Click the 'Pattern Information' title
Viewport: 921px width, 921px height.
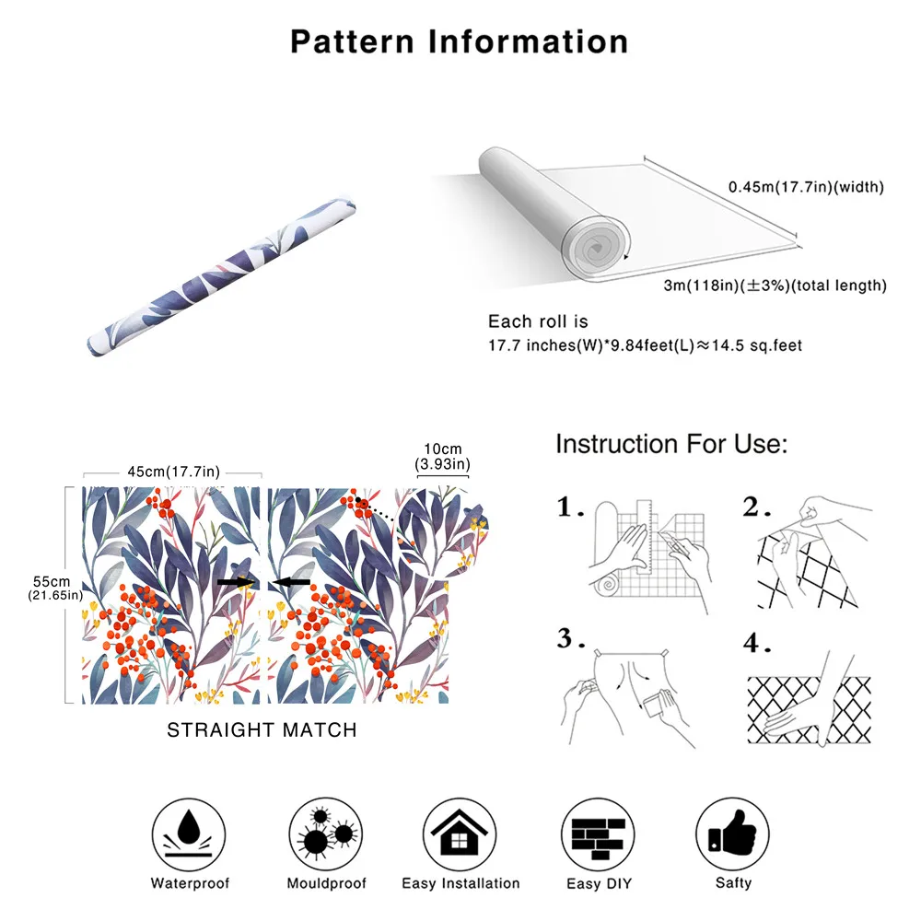[x=460, y=41]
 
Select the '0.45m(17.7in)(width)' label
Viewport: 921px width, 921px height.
[x=806, y=187]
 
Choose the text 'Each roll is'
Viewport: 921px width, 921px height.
[x=537, y=321]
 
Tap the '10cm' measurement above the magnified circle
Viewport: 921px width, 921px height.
[x=442, y=448]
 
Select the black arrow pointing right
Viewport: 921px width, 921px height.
[x=235, y=582]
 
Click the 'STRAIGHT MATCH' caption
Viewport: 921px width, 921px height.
[x=262, y=730]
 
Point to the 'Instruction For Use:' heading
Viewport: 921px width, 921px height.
[x=671, y=445]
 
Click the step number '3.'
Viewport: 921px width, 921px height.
[x=571, y=638]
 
